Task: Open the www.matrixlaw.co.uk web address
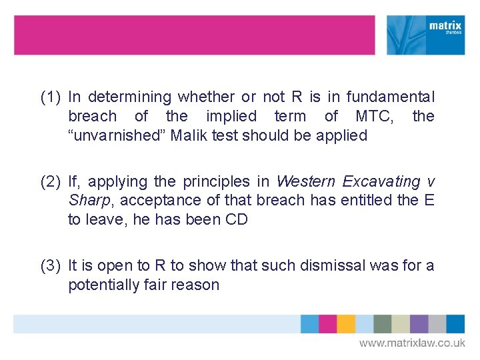tap(412, 343)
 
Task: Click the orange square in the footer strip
tap(346, 323)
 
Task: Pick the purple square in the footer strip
tap(419, 323)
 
